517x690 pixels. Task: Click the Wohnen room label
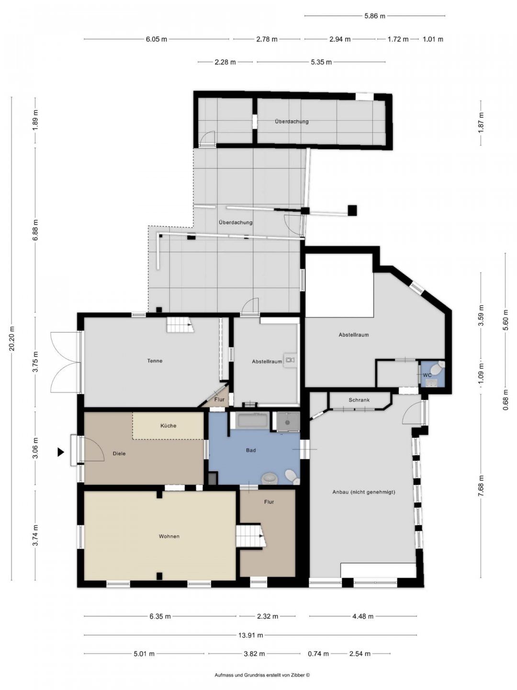pyautogui.click(x=169, y=536)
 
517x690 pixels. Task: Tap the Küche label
pyautogui.click(x=168, y=425)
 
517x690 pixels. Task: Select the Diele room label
pyautogui.click(x=119, y=453)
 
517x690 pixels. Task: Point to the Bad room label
pyautogui.click(x=251, y=450)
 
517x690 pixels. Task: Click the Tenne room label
pyautogui.click(x=155, y=360)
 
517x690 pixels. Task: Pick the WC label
pyautogui.click(x=427, y=375)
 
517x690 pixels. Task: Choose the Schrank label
pyautogui.click(x=359, y=400)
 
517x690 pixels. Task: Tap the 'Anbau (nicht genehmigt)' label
pyautogui.click(x=364, y=492)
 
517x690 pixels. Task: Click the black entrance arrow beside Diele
pyautogui.click(x=61, y=452)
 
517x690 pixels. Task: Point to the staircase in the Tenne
pyautogui.click(x=180, y=324)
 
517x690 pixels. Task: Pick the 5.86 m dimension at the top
pyautogui.click(x=374, y=16)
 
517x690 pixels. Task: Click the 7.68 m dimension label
pyautogui.click(x=481, y=486)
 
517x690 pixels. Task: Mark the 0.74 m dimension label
pyautogui.click(x=318, y=654)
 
